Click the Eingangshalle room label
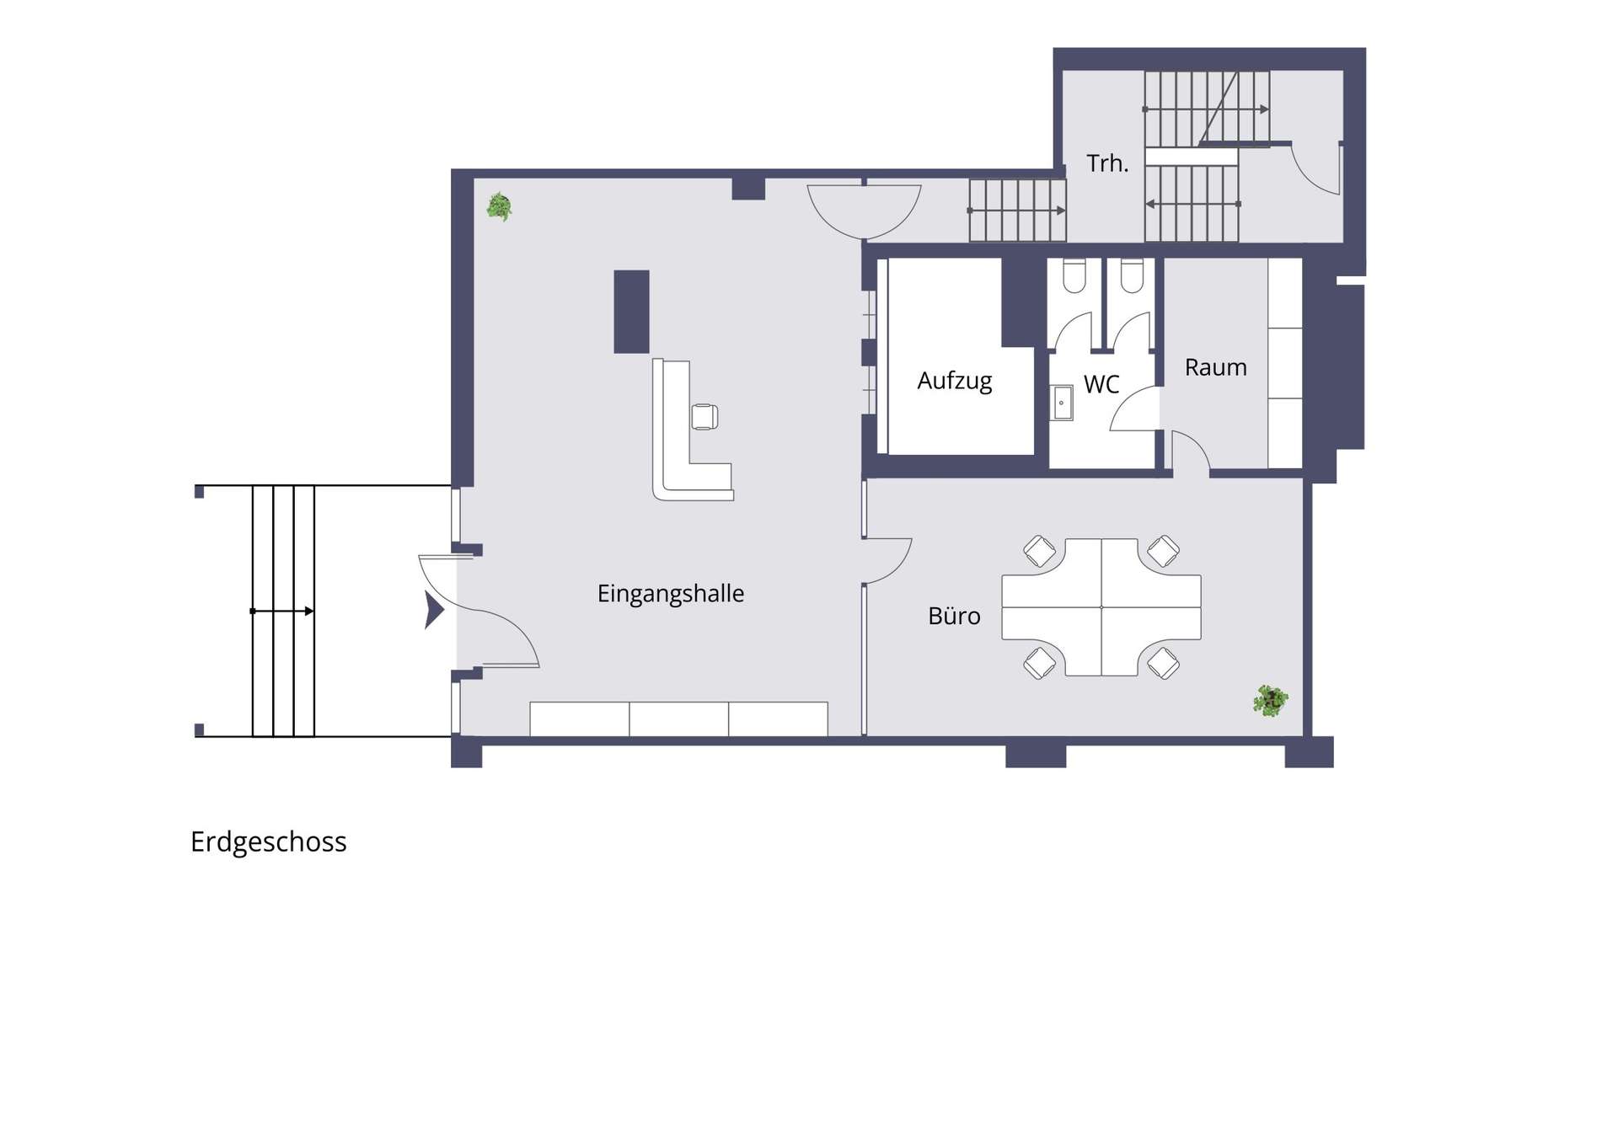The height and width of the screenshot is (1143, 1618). tap(671, 594)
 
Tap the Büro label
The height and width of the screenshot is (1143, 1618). tap(954, 616)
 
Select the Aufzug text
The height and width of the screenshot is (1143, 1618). tap(955, 381)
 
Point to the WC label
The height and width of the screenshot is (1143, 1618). tap(1101, 384)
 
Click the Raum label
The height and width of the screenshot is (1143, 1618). tap(1215, 367)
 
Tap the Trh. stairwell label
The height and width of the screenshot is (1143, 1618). tap(1107, 163)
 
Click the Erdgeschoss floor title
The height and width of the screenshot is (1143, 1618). tap(269, 841)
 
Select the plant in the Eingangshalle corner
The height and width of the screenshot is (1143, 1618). tap(499, 206)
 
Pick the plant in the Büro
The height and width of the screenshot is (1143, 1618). tap(1270, 701)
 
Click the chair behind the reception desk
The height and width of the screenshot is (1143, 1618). tap(705, 417)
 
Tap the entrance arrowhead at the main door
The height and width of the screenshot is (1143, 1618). tap(434, 611)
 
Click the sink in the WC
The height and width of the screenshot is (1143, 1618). tap(1061, 403)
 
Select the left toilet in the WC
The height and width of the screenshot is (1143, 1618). tap(1074, 275)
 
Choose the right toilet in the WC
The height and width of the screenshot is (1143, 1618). tap(1132, 275)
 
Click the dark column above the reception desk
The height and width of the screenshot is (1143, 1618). tap(631, 312)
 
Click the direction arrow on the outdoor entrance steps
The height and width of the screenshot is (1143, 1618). tap(282, 611)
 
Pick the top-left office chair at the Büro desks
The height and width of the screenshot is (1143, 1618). tap(1039, 552)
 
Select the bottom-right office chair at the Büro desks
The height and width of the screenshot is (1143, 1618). tap(1164, 663)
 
